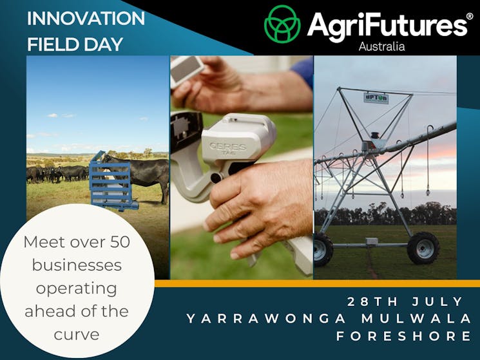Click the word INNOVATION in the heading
click(86, 18)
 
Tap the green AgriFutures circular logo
click(282, 24)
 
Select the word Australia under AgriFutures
click(381, 46)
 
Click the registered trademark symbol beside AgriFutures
click(470, 16)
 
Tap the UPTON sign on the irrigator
click(376, 98)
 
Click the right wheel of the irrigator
click(423, 248)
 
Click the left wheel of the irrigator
click(322, 250)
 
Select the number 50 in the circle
click(120, 242)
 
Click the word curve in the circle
click(77, 335)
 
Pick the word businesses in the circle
click(77, 265)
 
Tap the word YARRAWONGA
click(266, 319)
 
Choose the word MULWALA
click(416, 319)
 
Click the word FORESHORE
click(404, 336)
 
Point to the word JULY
click(437, 301)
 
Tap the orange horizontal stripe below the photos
click(317, 283)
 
